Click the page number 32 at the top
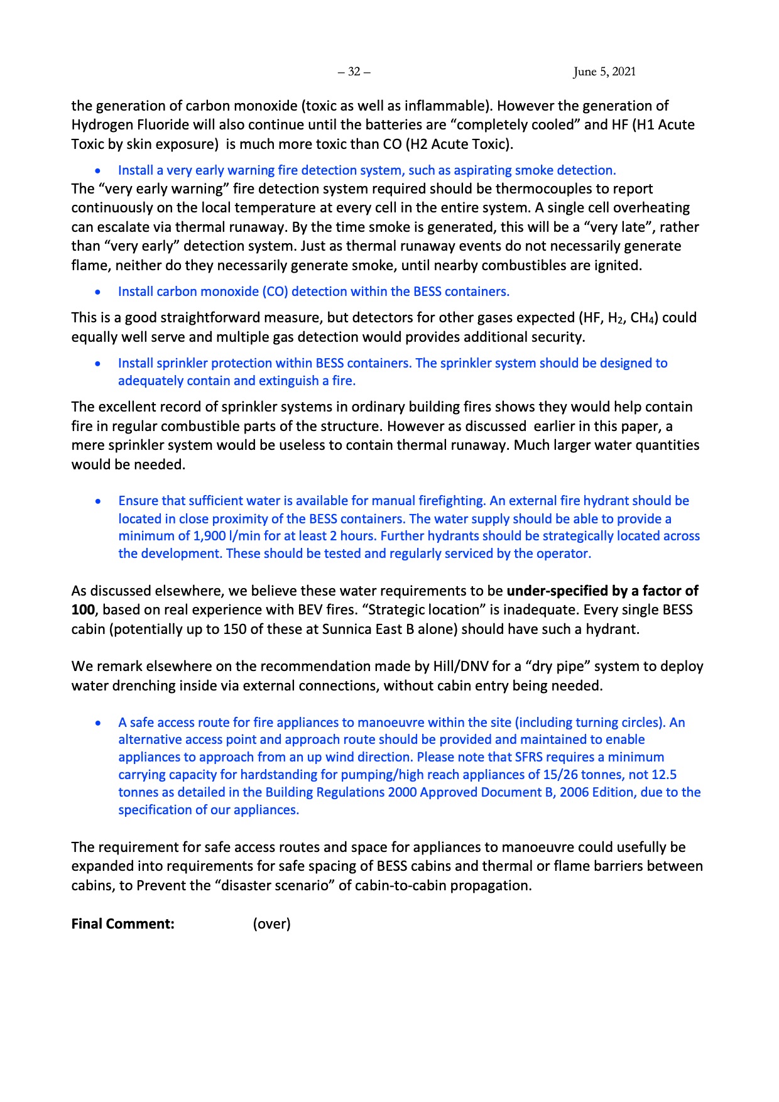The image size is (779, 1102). pyautogui.click(x=354, y=72)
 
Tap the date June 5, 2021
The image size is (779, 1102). pyautogui.click(x=604, y=72)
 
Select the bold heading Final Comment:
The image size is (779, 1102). pyautogui.click(x=123, y=924)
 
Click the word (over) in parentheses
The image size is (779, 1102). pyautogui.click(x=272, y=924)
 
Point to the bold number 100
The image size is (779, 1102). pyautogui.click(x=83, y=609)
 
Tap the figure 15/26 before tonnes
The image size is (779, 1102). pyautogui.click(x=564, y=775)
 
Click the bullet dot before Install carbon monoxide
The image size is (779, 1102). pyautogui.click(x=98, y=292)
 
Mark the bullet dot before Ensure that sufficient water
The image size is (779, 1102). pyautogui.click(x=98, y=501)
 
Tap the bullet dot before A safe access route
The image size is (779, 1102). pyautogui.click(x=98, y=723)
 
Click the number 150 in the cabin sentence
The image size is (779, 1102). pyautogui.click(x=233, y=629)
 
